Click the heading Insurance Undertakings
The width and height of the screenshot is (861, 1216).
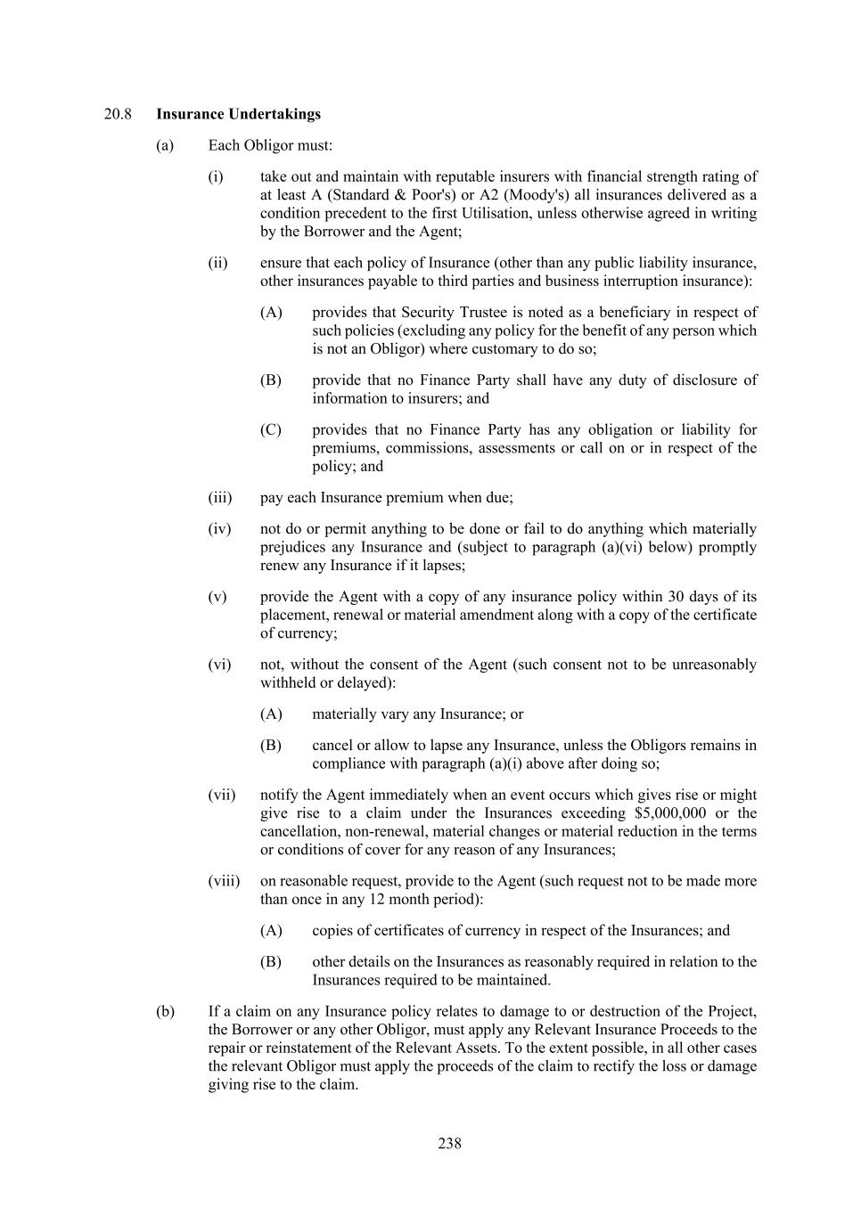(238, 114)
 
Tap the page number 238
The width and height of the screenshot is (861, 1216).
(449, 1143)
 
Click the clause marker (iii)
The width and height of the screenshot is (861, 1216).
(219, 497)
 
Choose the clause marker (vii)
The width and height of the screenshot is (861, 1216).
(221, 795)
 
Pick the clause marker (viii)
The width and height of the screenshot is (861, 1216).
(224, 881)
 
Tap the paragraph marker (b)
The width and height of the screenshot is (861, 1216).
(165, 1011)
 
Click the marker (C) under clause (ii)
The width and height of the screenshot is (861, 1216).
(271, 429)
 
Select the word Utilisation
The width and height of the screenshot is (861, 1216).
(546, 213)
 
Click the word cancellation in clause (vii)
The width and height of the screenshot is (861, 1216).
(299, 831)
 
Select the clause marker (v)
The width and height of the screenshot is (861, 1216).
(217, 597)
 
